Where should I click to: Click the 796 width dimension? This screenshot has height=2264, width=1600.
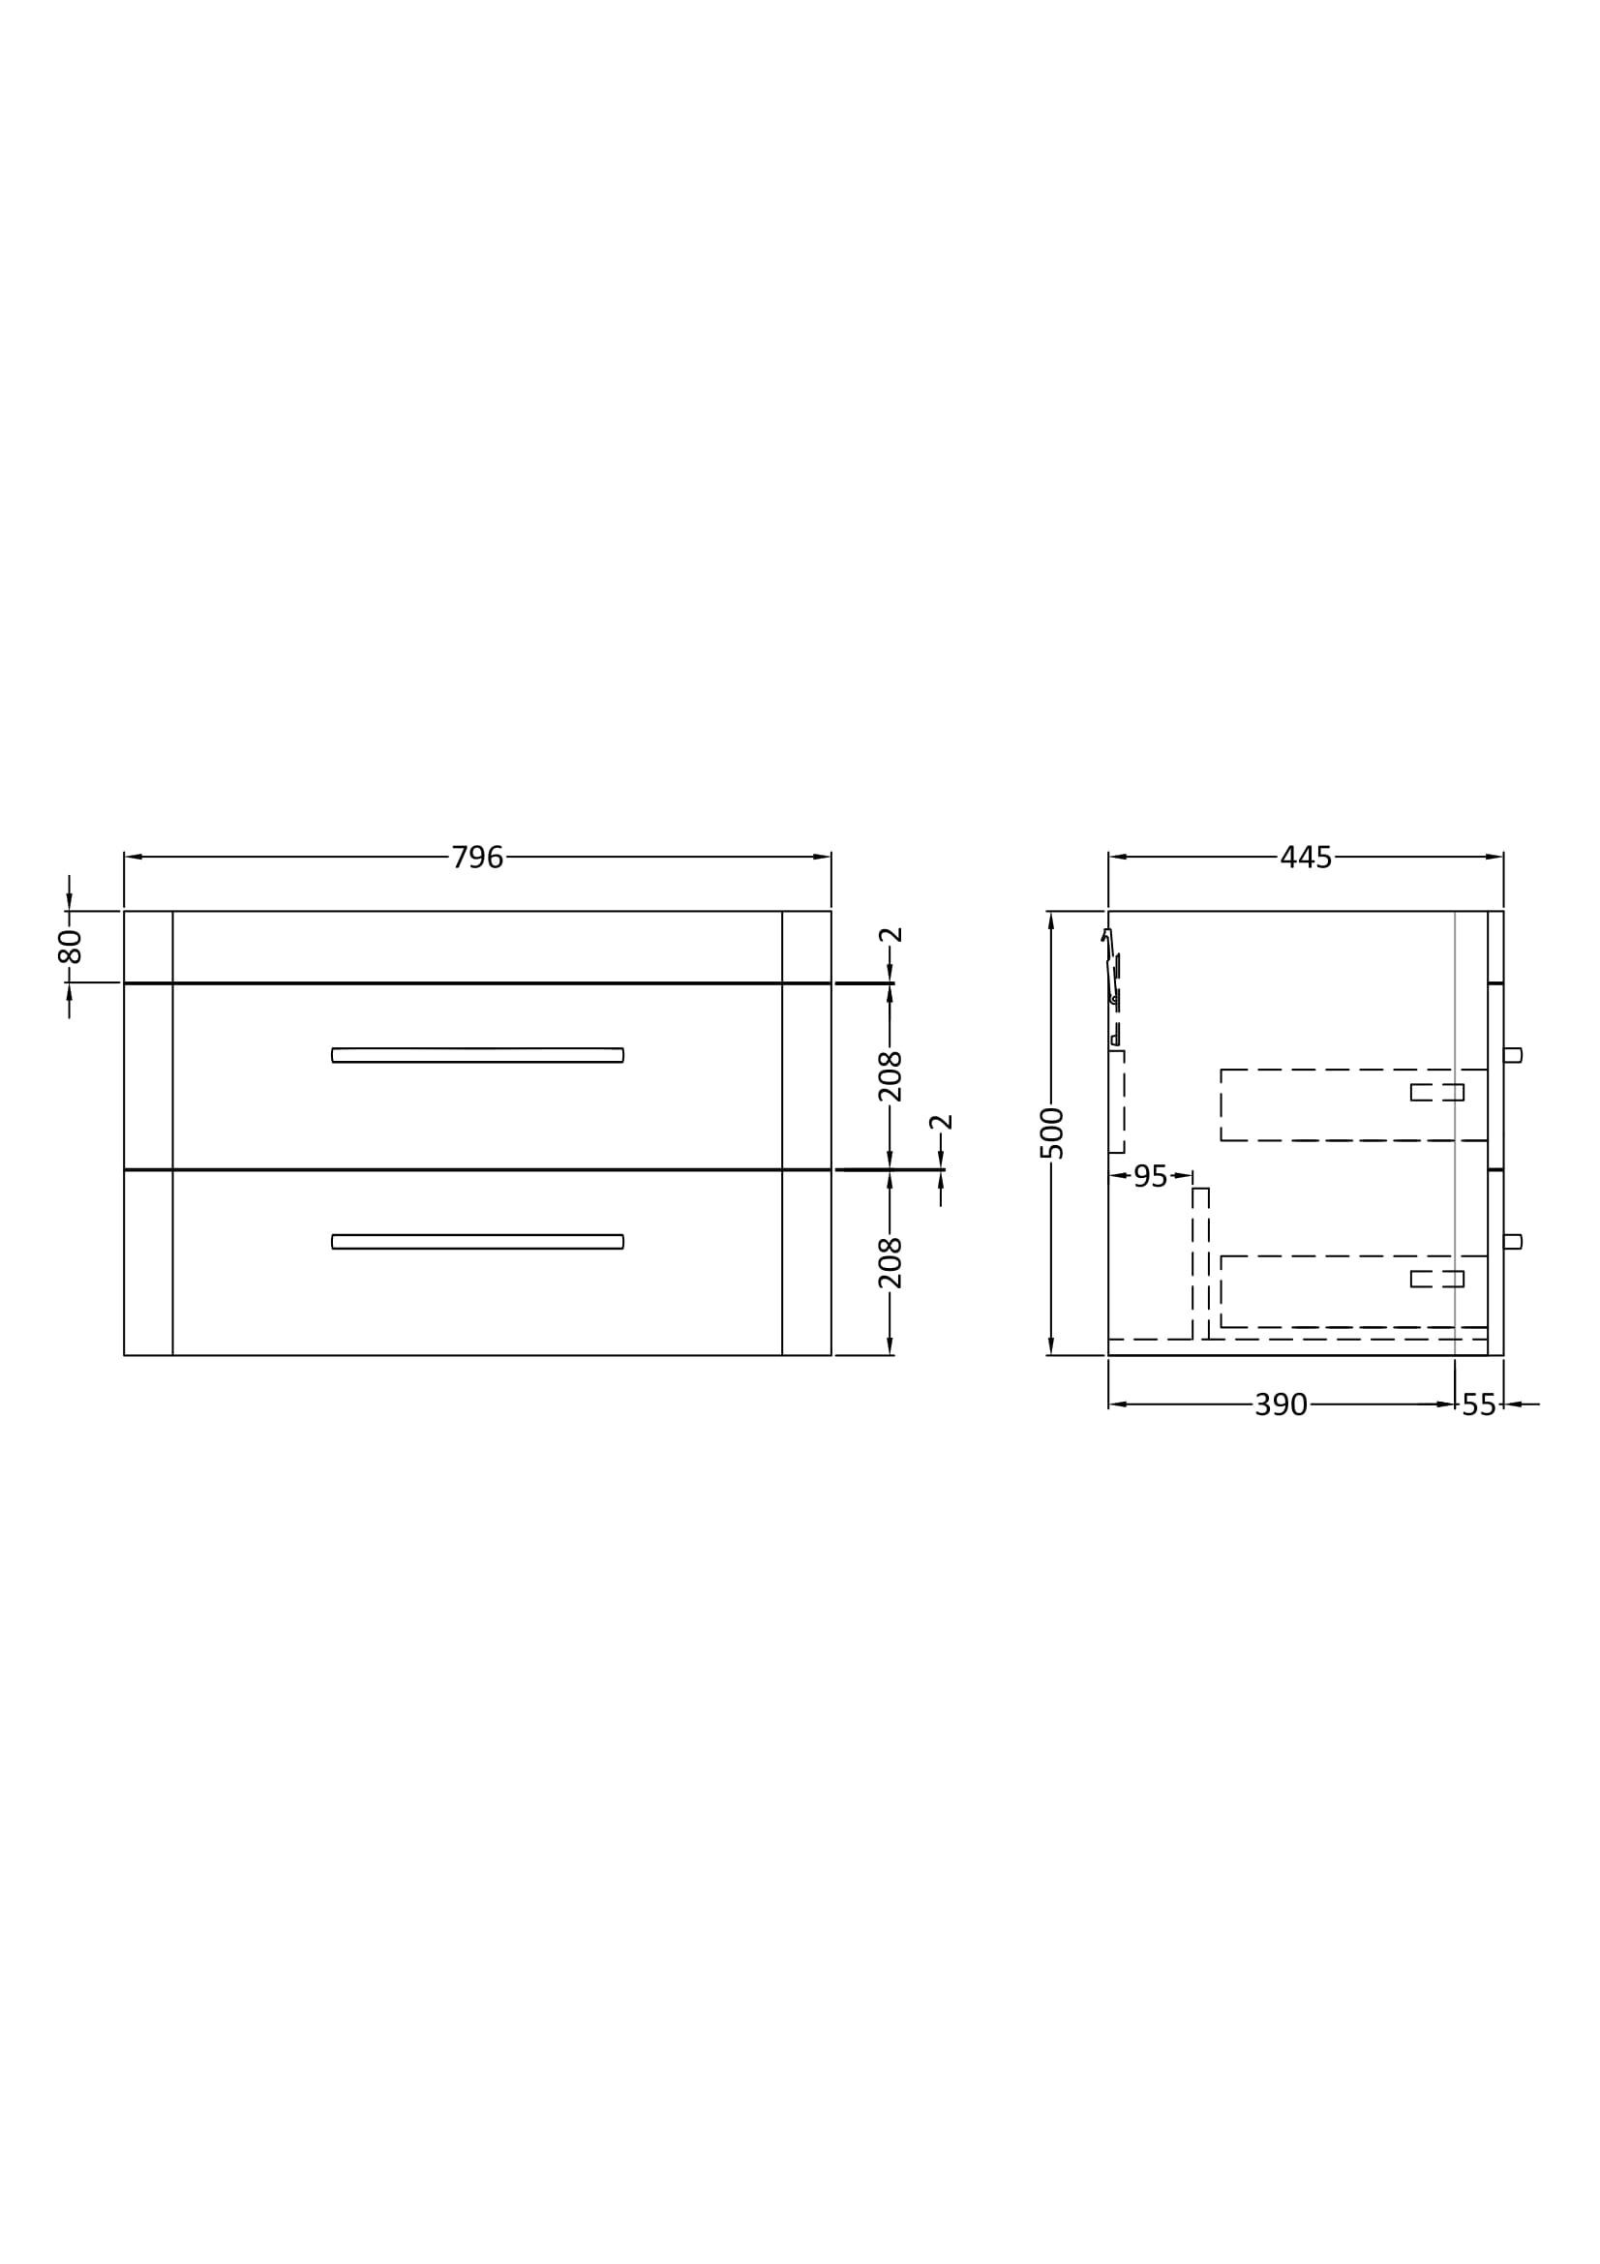point(477,857)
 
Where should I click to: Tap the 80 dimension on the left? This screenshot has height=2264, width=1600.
point(69,946)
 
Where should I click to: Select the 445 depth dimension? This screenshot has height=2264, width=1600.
point(1305,857)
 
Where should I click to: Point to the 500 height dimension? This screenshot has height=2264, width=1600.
point(1052,1133)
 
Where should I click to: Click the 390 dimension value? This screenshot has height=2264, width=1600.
point(1281,1404)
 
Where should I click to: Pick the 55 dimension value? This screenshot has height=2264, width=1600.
point(1479,1404)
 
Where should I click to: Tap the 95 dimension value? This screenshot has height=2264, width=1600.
point(1151,1175)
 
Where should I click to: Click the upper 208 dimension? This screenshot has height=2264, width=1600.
point(891,1075)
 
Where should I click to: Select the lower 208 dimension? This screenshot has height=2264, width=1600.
point(891,1262)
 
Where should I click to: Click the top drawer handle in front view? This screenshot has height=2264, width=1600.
point(478,1055)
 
